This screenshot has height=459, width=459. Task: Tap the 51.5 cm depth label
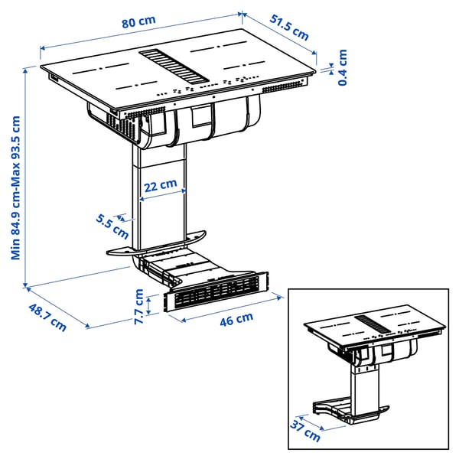pyautogui.click(x=290, y=28)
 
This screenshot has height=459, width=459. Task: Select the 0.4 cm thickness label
pyautogui.click(x=342, y=67)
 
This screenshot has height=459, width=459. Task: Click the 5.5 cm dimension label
pyautogui.click(x=112, y=223)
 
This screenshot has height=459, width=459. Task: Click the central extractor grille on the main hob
pyautogui.click(x=173, y=64)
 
